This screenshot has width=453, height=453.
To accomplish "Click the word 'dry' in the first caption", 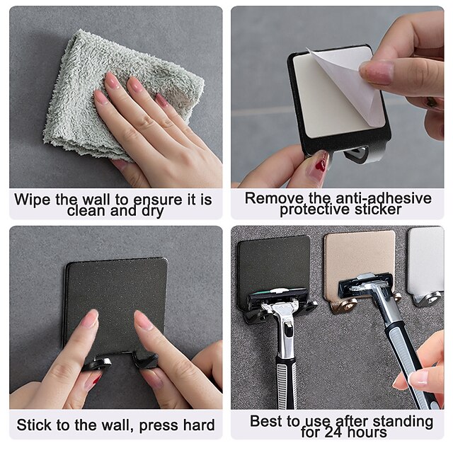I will [150, 211].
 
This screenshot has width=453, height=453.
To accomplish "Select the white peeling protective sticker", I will [346, 85].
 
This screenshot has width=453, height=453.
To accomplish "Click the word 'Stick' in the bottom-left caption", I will [35, 425].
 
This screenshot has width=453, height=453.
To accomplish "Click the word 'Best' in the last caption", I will [266, 421].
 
